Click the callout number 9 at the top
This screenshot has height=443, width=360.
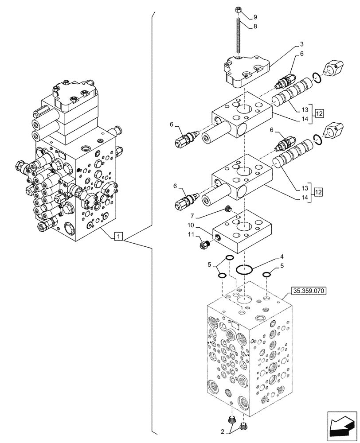coord(255,17)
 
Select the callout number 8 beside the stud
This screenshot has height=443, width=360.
coord(255,27)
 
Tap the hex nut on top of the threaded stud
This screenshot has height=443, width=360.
coord(239,10)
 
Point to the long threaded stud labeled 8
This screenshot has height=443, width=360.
coord(239,35)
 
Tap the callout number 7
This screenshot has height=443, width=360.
coord(192,215)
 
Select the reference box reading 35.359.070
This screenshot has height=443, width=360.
coord(309,291)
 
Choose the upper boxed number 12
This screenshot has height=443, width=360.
coord(319,113)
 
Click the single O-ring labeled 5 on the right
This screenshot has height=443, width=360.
coord(267,275)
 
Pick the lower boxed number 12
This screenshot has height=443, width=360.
coord(319,192)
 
